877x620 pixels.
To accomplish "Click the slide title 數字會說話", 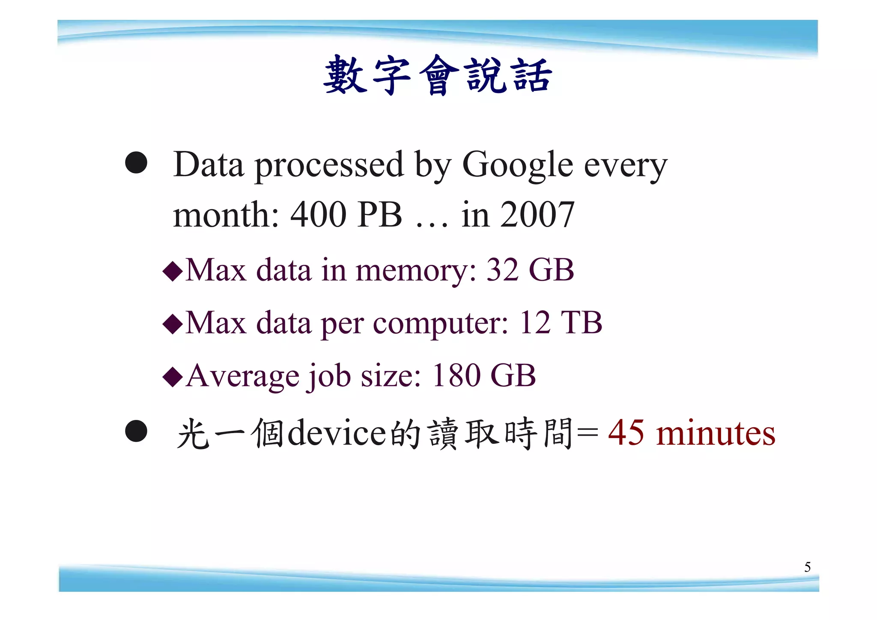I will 438,75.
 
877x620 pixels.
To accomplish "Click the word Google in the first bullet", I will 517,165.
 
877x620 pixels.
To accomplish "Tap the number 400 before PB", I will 318,215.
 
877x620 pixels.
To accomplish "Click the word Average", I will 242,376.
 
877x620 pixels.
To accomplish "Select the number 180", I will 456,376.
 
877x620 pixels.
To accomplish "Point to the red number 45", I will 626,433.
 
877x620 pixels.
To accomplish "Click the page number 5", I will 807,567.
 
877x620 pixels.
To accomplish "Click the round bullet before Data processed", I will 136,163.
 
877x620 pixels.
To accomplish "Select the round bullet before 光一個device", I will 136,431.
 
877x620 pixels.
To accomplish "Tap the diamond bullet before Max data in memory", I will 173,272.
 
